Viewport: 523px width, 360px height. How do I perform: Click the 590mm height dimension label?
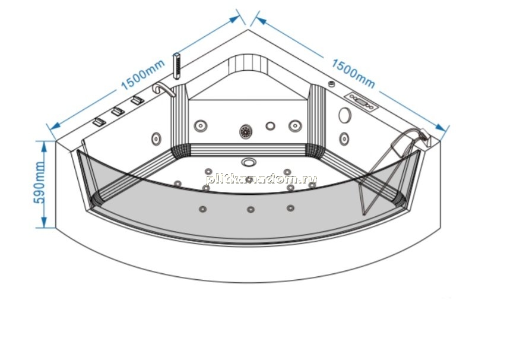click(x=40, y=182)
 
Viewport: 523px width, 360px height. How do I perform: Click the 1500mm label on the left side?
click(x=142, y=75)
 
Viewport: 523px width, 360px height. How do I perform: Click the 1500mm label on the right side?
click(x=353, y=74)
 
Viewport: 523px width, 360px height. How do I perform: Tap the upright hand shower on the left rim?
click(x=176, y=66)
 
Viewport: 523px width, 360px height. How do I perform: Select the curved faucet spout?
click(x=163, y=89)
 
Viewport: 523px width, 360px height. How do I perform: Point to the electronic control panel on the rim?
click(x=361, y=102)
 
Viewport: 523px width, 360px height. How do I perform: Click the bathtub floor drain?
click(x=249, y=162)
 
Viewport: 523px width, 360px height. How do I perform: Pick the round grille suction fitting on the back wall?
click(x=246, y=131)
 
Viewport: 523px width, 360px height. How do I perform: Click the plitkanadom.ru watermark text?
click(x=261, y=179)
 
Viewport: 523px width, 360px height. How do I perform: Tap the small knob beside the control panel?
click(x=331, y=84)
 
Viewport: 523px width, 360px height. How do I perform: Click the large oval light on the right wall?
click(x=345, y=115)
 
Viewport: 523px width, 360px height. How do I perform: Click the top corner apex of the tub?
click(x=248, y=30)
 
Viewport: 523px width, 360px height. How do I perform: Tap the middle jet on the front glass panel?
click(x=251, y=209)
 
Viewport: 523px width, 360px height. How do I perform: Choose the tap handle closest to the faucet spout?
click(x=137, y=100)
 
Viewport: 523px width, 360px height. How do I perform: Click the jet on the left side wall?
click(x=156, y=138)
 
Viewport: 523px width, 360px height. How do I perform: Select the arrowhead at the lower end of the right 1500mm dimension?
click(x=441, y=127)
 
